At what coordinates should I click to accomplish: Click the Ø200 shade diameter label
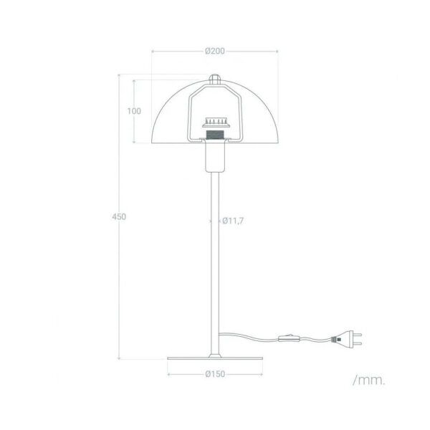coord(215,51)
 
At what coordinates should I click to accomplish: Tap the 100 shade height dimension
coord(134,111)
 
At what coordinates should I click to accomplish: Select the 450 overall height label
coord(119,216)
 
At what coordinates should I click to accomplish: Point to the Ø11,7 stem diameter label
coord(232,221)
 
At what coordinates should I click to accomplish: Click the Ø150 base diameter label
coord(215,374)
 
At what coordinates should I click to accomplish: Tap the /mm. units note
coord(369,381)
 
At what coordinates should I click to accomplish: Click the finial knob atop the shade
coord(215,79)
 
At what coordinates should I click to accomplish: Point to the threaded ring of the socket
coord(215,135)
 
